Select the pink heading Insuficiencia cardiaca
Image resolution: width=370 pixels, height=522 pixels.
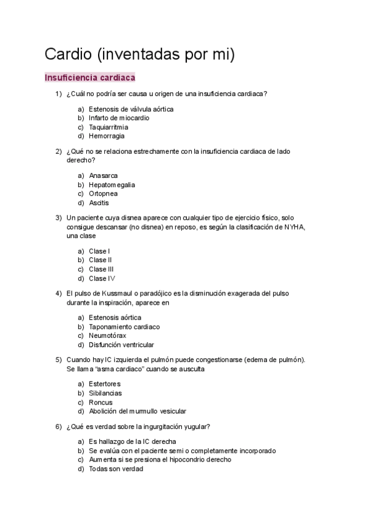[x=90, y=78]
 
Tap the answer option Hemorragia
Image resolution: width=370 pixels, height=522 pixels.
[x=106, y=136]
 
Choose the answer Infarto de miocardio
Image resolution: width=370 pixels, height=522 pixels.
[x=118, y=118]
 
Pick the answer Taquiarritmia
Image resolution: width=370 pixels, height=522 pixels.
[x=109, y=127]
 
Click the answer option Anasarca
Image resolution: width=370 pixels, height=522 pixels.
[x=103, y=175]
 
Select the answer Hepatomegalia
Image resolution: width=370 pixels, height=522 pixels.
[x=112, y=185]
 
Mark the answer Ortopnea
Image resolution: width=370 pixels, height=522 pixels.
[x=103, y=193]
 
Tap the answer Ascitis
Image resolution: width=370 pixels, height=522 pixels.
[x=99, y=203]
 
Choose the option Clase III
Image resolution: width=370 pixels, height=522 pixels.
[x=101, y=269]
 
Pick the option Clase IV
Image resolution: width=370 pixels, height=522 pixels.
[x=102, y=278]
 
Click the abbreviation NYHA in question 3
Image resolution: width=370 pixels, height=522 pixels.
[x=294, y=227]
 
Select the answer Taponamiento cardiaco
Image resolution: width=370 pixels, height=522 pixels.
[x=124, y=327]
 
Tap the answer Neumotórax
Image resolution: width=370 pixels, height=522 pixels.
[x=108, y=335]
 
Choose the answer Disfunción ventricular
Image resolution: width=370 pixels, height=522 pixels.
[x=121, y=345]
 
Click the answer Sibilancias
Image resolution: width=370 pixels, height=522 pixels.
[x=105, y=393]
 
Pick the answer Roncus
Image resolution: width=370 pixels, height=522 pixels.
[x=101, y=403]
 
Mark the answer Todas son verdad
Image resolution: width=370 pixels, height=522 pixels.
[x=115, y=468]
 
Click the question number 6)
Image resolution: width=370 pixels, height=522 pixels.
[x=59, y=427]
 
